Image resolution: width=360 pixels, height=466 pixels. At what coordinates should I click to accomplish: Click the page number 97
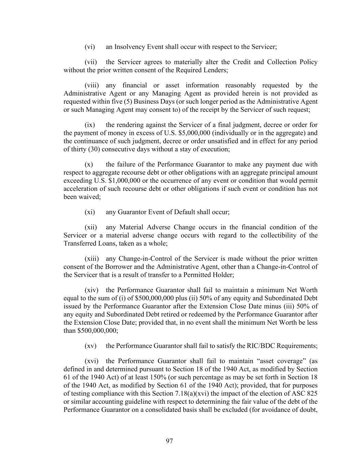169,441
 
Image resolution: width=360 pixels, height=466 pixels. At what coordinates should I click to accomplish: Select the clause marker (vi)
89,47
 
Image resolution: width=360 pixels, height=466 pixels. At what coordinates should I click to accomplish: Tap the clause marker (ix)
89,125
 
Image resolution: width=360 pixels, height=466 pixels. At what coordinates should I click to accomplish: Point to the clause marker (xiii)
91,259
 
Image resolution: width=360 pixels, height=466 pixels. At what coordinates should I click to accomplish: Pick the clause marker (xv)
90,346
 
